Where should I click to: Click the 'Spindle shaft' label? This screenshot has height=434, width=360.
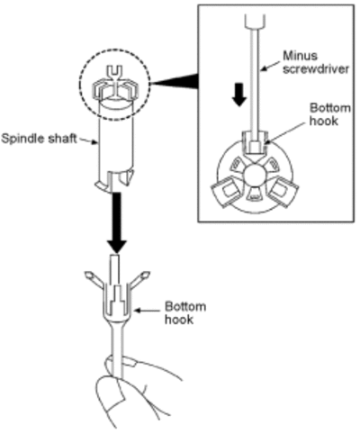pos(39,139)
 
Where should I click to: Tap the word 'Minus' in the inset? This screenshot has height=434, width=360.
pos(301,56)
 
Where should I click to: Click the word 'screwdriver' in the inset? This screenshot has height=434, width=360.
pos(316,69)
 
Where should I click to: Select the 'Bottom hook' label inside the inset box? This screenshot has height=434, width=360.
pos(329,114)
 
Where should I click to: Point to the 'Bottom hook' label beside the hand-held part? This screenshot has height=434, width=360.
pos(185,312)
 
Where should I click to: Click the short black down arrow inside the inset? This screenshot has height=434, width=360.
pos(239,95)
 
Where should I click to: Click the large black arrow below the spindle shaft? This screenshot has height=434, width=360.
pos(117,223)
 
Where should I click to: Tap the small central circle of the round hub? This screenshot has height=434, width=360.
pos(255,176)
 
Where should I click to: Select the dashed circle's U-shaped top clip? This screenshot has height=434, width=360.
pos(115,73)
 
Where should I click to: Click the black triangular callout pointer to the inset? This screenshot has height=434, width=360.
pos(177,81)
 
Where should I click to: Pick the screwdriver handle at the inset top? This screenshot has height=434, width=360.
pos(255,21)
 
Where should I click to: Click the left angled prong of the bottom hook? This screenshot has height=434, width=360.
pos(94,280)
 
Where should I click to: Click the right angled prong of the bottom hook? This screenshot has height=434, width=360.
pos(139,280)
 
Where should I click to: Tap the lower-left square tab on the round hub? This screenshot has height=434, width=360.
pos(227,192)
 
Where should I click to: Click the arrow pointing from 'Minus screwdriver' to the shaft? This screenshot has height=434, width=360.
pos(271,66)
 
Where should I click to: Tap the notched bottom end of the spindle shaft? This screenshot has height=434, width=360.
pos(114,181)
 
